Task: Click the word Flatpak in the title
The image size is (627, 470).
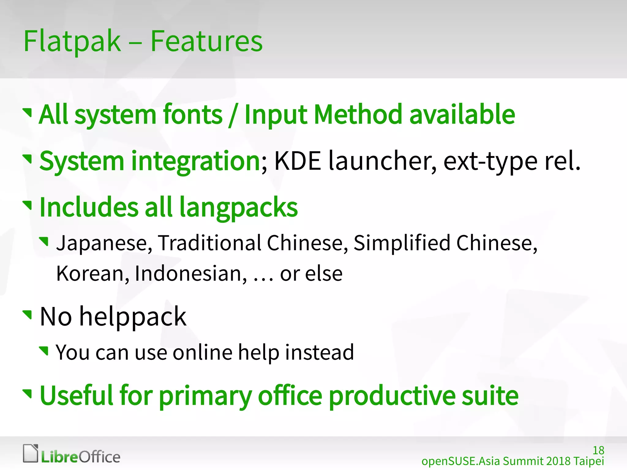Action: click(72, 42)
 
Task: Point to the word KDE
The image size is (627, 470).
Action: click(297, 161)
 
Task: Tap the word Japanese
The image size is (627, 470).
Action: click(104, 243)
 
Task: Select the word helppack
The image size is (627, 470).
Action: click(133, 317)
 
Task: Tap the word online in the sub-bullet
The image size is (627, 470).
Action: click(202, 352)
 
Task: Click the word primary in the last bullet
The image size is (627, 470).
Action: click(205, 396)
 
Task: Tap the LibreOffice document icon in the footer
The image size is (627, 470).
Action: click(31, 453)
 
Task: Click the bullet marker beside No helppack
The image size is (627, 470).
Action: click(28, 314)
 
